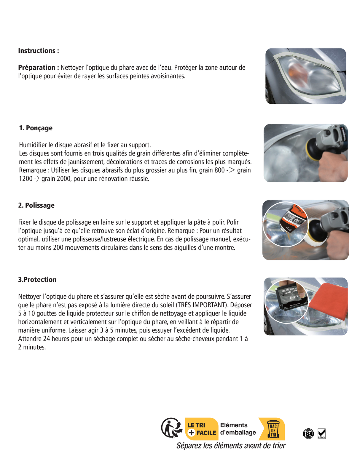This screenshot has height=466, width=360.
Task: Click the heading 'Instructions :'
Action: click(x=39, y=51)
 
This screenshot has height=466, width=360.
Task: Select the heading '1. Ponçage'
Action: click(x=36, y=128)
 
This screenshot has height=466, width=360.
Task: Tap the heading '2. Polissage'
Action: click(x=36, y=205)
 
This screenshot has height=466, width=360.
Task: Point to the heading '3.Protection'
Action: click(x=37, y=280)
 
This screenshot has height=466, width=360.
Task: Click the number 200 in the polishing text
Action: click(x=58, y=248)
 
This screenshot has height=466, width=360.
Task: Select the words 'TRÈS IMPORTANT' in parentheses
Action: click(x=202, y=305)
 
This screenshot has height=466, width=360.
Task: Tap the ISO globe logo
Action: click(x=308, y=433)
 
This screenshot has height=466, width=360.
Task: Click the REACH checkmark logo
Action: click(x=321, y=433)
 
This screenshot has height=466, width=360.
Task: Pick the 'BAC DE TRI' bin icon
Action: click(x=273, y=429)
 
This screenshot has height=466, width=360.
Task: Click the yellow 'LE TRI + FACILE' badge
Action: click(x=201, y=429)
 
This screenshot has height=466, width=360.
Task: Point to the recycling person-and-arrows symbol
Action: click(x=172, y=428)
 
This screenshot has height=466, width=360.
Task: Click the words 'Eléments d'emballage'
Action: click(x=238, y=429)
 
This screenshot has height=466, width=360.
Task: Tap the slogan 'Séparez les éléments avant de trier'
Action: click(x=231, y=446)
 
